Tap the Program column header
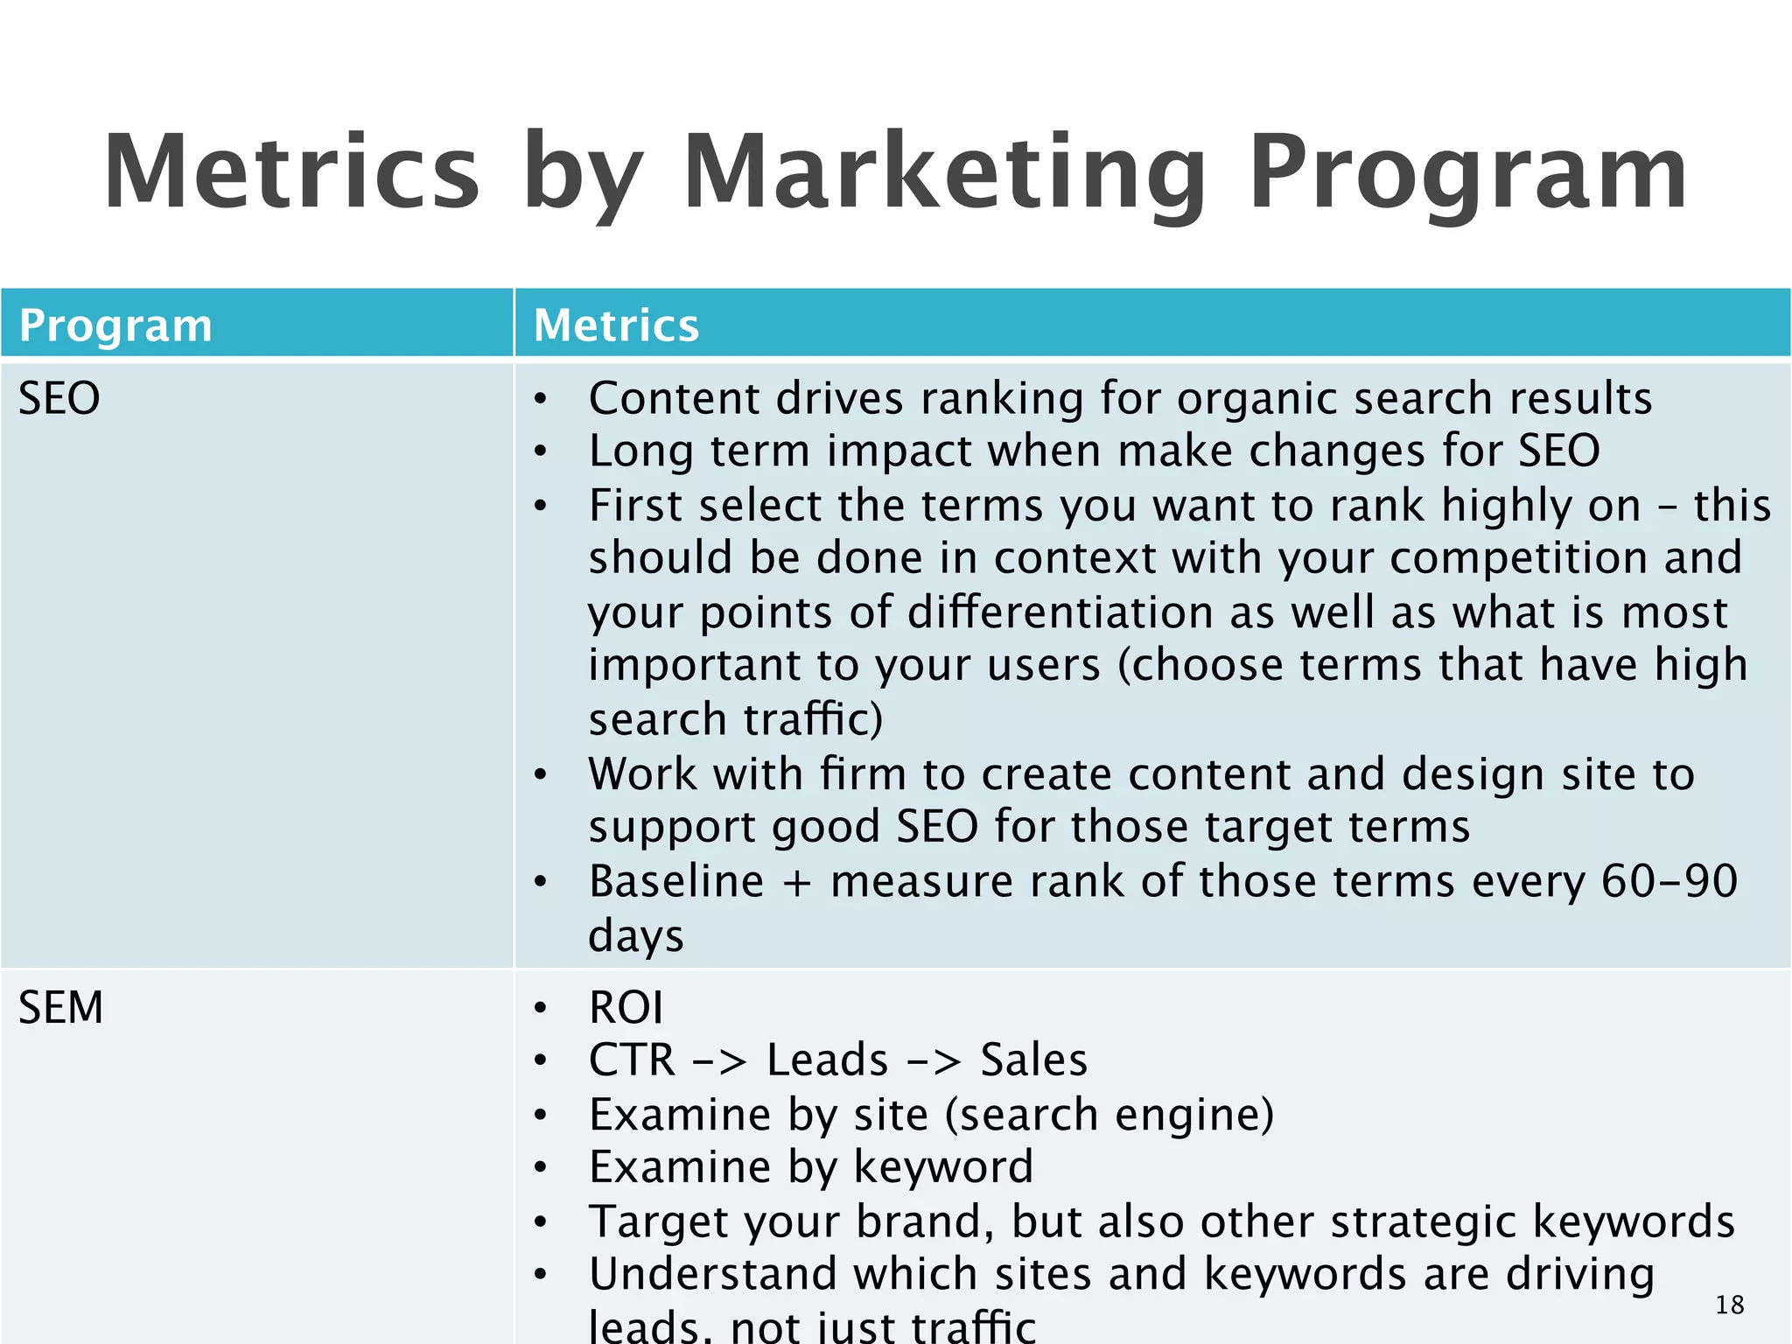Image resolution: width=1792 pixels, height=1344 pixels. point(115,325)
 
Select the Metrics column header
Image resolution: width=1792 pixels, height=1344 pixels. point(616,325)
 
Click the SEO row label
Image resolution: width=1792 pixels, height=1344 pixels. point(59,399)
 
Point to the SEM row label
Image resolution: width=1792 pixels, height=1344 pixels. point(61,1008)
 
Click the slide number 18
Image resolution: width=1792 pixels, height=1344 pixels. point(1729,1305)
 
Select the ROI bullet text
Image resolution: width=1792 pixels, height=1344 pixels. point(626,1008)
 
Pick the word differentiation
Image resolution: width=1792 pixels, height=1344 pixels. point(1060,612)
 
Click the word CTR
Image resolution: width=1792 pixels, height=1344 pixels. point(632,1060)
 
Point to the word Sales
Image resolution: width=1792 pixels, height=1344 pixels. point(1033,1060)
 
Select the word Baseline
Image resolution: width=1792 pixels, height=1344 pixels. point(676,881)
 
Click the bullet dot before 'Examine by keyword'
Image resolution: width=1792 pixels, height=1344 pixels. point(541,1168)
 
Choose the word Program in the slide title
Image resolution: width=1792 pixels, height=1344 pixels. point(1467,172)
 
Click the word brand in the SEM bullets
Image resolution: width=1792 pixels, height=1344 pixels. point(925,1221)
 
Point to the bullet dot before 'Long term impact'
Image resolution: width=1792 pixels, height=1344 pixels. point(541,452)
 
